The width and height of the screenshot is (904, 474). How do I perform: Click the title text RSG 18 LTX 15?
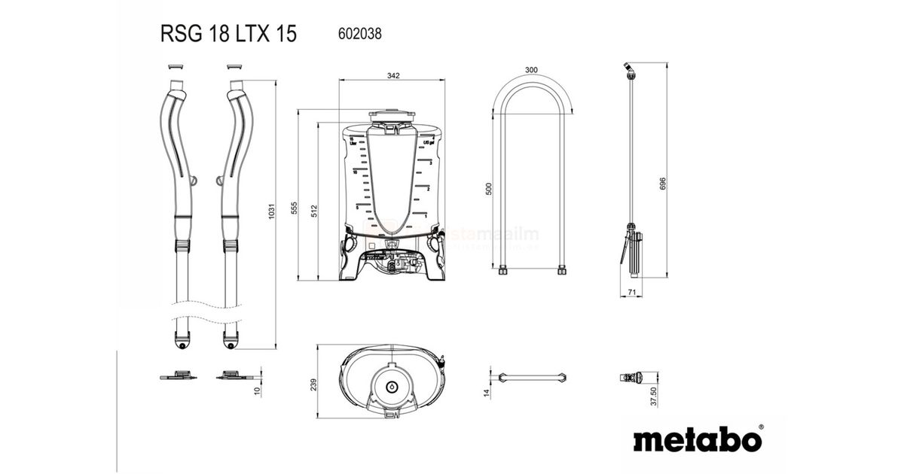coord(228,33)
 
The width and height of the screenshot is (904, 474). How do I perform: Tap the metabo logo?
coord(697,439)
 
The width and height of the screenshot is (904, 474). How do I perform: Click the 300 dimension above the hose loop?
coord(531,70)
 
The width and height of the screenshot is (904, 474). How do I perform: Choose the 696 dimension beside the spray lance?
coord(663,184)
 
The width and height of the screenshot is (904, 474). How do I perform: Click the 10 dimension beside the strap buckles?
coord(257,390)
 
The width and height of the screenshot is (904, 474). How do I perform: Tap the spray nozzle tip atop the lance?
coord(628,70)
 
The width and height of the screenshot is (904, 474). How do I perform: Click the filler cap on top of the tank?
coord(391,117)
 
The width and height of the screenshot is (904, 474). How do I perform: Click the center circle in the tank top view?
coord(392,386)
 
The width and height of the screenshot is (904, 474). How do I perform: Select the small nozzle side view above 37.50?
coord(631,376)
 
